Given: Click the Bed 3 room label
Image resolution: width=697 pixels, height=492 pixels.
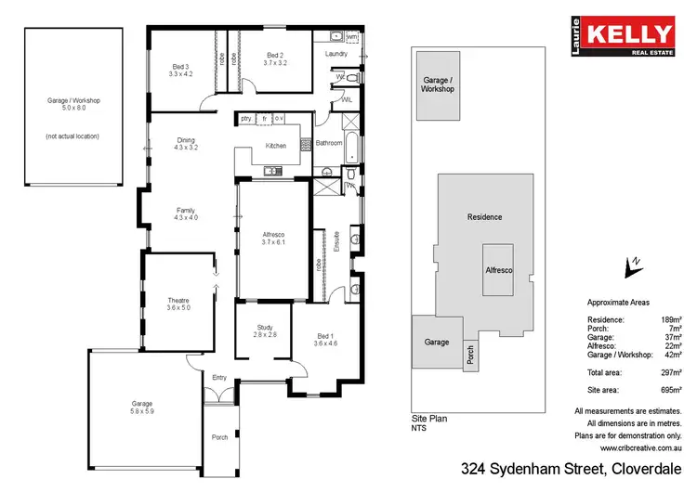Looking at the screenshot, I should tap(180, 65).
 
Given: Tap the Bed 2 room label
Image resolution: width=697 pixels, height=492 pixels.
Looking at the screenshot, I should tap(274, 55).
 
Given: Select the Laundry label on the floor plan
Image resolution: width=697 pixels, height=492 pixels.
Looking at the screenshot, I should tap(335, 54).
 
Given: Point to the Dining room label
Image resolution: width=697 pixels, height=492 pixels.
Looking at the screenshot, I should tap(186, 141).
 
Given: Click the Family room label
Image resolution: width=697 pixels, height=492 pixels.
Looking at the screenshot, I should tap(186, 211).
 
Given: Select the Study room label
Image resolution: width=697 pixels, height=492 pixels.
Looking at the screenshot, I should tap(266, 328).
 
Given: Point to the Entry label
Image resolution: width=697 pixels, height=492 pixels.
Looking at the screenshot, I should tap(219, 377).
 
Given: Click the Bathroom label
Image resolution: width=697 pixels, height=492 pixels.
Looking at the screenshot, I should tap(329, 143).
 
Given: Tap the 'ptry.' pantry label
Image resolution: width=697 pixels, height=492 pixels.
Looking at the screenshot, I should tap(246, 119).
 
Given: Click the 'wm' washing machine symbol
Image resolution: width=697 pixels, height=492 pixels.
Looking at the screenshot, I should tap(351, 36).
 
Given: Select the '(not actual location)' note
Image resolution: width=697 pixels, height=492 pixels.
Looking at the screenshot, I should tap(72, 136).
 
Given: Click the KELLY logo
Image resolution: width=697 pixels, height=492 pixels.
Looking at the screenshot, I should tap(626, 36).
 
